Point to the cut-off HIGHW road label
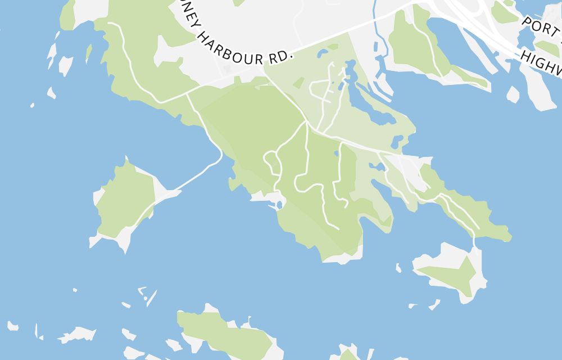tap(541, 62)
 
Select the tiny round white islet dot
tap(145, 298)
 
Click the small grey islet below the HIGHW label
tap(513, 94)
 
